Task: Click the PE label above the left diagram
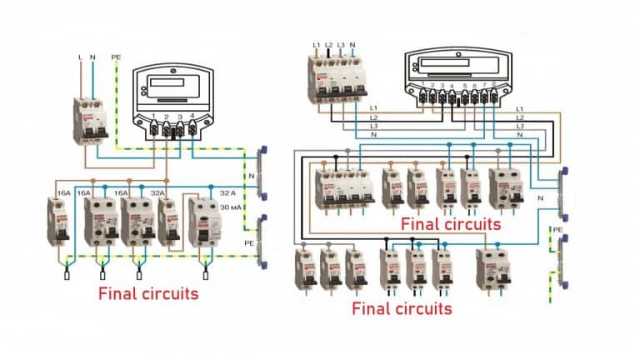click(116, 57)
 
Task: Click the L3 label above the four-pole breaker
click(341, 43)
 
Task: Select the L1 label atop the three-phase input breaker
click(317, 43)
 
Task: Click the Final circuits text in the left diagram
click(148, 293)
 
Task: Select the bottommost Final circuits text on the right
click(402, 309)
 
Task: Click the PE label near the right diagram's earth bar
click(557, 229)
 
